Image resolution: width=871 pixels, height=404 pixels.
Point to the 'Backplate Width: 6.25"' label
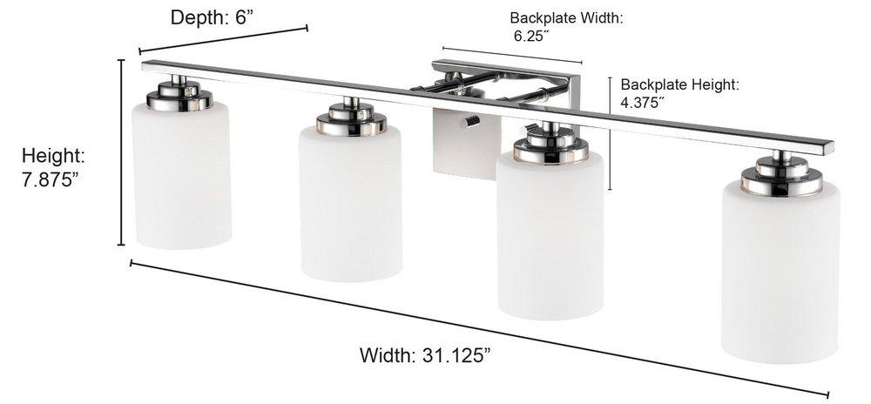pos(567,26)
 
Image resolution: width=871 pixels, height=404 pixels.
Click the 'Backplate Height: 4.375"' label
pos(680,93)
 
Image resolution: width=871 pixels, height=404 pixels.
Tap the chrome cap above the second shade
pos(351,120)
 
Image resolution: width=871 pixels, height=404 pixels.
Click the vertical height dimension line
pos(121,152)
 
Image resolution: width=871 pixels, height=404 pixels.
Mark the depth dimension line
pos(223,40)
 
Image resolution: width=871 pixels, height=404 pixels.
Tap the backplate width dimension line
pos(512,55)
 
